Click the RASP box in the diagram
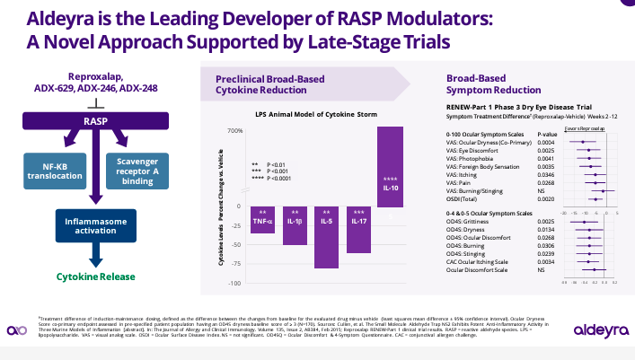[97, 121]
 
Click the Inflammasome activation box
[97, 221]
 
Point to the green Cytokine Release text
[97, 253]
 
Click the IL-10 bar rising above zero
[390, 167]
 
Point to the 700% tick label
[234, 132]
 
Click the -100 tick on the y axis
[235, 283]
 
